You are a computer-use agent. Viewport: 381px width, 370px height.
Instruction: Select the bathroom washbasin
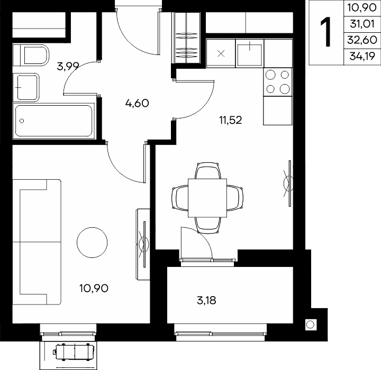click(26, 87)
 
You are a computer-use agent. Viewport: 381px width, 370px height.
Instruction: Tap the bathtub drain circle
click(22, 121)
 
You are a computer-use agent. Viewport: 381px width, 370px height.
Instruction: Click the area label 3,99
click(68, 66)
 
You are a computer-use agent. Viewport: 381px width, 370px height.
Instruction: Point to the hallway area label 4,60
click(137, 104)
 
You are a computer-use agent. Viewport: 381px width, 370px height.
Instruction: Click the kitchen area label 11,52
click(231, 120)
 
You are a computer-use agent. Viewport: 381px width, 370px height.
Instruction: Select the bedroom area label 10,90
click(94, 289)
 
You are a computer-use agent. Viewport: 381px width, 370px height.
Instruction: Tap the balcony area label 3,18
click(206, 301)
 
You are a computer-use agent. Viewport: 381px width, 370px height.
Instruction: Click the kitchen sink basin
click(250, 54)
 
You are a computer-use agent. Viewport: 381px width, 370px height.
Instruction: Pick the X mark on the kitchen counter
click(221, 53)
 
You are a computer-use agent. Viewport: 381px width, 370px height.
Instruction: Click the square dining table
click(207, 198)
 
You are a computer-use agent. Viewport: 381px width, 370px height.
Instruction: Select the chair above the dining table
click(208, 171)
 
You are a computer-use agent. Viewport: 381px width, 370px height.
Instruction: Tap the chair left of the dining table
click(180, 198)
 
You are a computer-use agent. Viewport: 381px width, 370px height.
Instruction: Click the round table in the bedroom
click(92, 243)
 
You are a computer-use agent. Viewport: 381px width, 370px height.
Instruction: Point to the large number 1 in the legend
click(325, 32)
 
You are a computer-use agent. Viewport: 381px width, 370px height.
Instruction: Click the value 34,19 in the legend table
click(362, 57)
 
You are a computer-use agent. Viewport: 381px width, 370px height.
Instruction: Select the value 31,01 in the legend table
click(362, 24)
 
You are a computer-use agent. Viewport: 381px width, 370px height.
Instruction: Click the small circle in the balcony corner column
click(310, 325)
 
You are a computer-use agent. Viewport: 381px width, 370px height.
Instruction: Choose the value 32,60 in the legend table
click(362, 40)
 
